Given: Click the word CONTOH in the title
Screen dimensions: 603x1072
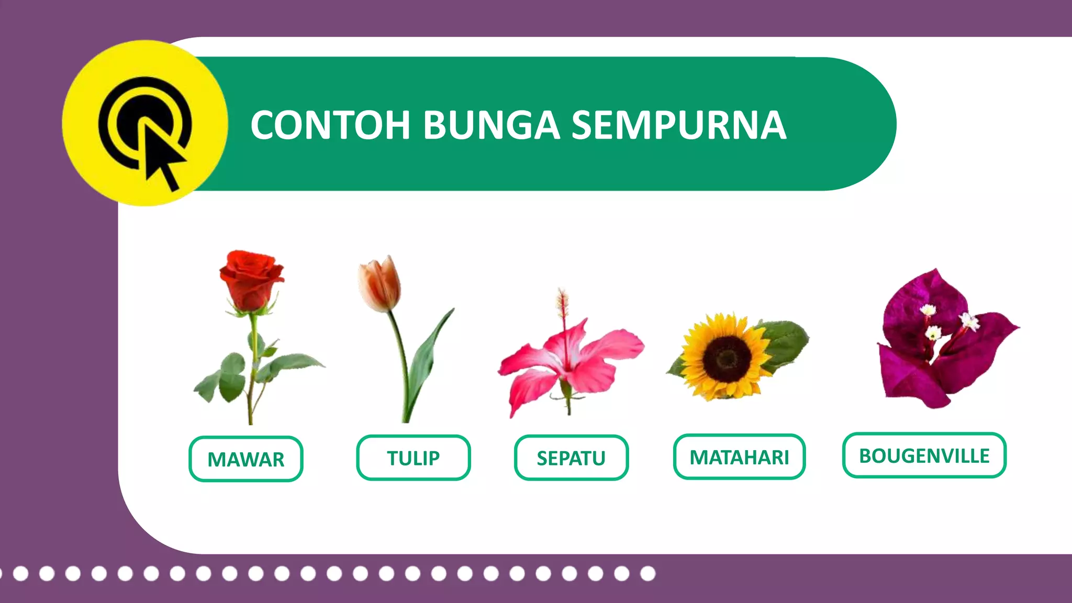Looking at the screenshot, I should [x=330, y=126].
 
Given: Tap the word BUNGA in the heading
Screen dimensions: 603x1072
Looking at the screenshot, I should [x=491, y=126].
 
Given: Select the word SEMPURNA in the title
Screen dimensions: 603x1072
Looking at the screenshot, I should [x=678, y=126].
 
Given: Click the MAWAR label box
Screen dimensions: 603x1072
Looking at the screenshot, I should [x=245, y=459].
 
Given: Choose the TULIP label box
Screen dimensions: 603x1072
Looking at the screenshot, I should [x=413, y=458].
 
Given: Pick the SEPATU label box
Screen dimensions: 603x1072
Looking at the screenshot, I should [x=571, y=458].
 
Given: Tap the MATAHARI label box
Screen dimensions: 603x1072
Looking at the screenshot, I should [x=739, y=457].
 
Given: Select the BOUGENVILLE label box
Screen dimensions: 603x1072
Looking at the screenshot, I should [x=924, y=455].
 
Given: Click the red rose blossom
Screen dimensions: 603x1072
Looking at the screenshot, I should [x=250, y=280].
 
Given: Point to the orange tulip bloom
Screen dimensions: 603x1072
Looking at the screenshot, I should [x=379, y=284].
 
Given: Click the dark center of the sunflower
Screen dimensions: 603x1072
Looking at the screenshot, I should [x=727, y=359].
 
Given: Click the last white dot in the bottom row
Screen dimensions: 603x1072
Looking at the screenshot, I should [x=647, y=574].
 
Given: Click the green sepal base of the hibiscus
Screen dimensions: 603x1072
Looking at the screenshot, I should [x=566, y=390].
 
